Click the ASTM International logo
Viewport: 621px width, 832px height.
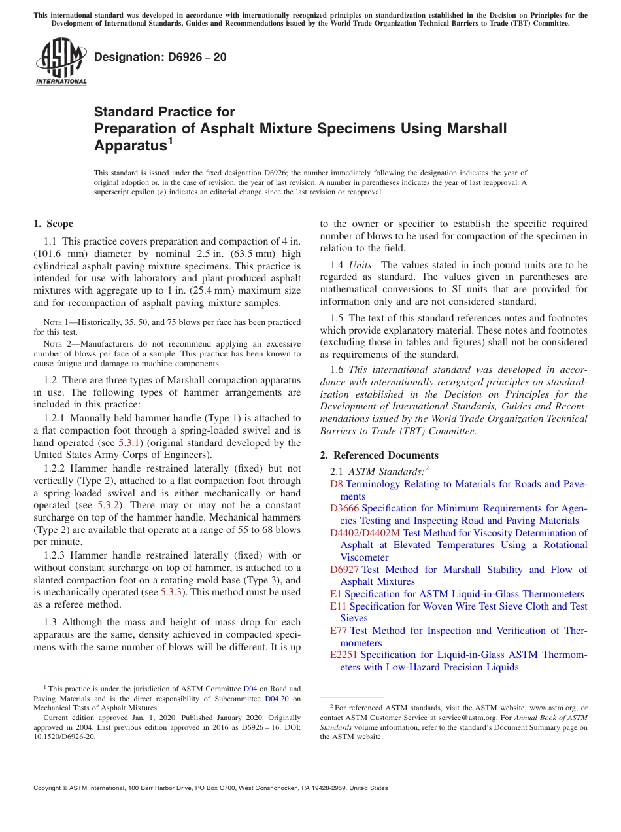(x=61, y=63)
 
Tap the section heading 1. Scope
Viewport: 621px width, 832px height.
(x=53, y=224)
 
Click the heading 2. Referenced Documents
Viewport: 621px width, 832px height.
(x=379, y=455)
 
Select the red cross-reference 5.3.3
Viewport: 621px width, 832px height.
(x=172, y=592)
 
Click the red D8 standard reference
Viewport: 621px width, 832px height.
(x=336, y=484)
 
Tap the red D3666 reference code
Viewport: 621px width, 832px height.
(x=344, y=508)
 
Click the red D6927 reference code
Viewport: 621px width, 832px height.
(x=344, y=570)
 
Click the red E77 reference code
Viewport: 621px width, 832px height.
(x=339, y=631)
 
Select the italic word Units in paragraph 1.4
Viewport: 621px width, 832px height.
(x=361, y=265)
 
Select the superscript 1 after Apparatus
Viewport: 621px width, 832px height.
(x=170, y=141)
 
